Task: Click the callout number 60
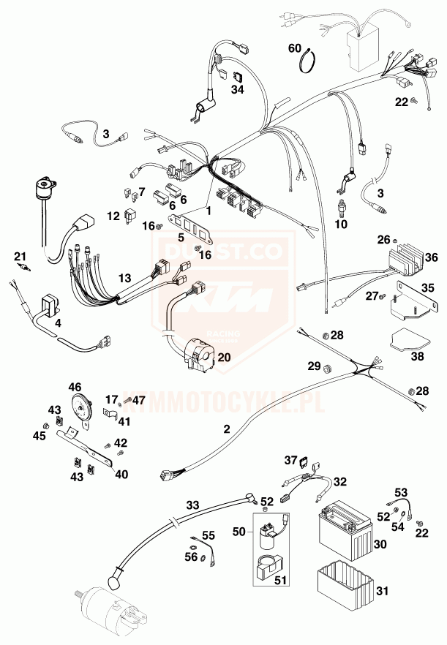coord(294,48)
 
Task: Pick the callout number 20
coord(223,357)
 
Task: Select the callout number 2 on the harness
coord(227,429)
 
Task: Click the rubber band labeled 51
coord(270,569)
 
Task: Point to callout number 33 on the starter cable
coord(192,505)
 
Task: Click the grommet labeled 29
coord(327,366)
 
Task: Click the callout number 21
coord(20,255)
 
